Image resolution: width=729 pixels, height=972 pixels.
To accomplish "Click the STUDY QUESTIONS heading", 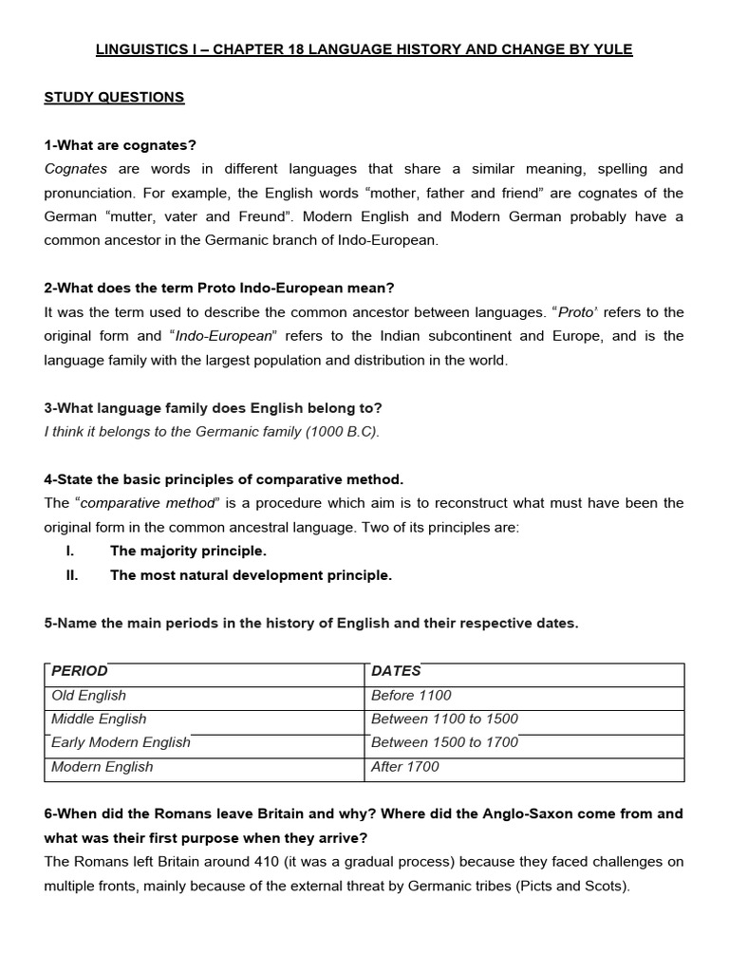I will [114, 97].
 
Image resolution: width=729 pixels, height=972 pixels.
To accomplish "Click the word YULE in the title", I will [613, 49].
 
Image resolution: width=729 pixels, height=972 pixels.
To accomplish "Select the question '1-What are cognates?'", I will [120, 145].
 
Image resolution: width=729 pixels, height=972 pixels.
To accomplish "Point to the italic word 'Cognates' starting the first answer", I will [76, 169].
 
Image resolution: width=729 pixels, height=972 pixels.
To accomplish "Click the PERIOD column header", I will [80, 671].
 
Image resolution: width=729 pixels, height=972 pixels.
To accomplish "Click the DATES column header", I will [396, 671].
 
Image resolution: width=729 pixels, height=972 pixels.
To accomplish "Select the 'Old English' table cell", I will [88, 695].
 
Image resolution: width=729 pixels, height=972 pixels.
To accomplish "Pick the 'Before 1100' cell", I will [411, 695].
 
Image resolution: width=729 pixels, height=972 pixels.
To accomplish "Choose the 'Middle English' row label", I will [99, 719].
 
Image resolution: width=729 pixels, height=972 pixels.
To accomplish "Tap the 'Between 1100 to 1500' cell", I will [444, 719].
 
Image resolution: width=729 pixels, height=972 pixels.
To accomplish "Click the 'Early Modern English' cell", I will [121, 742].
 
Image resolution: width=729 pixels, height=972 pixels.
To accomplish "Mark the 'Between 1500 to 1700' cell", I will [444, 742].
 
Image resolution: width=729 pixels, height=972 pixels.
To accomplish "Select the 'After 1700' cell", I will [405, 766].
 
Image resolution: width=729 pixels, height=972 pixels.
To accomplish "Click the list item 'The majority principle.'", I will [188, 551].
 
